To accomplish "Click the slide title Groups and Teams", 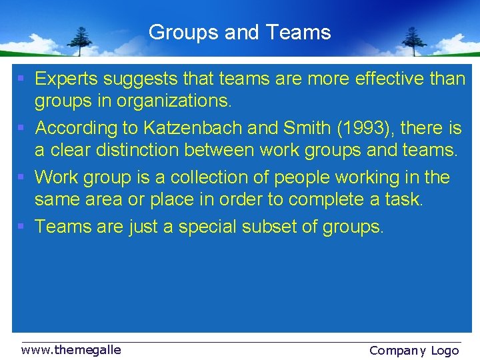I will click(x=239, y=32).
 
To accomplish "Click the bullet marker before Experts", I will click(x=21, y=79).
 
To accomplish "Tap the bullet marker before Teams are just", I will click(x=21, y=227).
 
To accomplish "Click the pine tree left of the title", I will click(x=81, y=41).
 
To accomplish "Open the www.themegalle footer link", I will click(x=71, y=349).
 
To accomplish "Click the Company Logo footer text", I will click(x=414, y=350).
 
